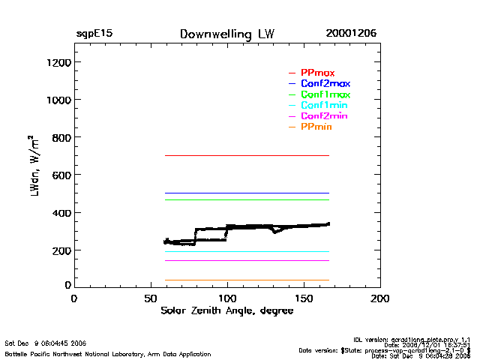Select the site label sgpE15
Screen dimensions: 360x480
(94, 34)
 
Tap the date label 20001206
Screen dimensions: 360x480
(351, 34)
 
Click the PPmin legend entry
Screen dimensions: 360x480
(316, 127)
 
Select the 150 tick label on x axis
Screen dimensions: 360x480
(304, 298)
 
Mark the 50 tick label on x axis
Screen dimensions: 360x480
(151, 298)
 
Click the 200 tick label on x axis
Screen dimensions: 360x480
(381, 298)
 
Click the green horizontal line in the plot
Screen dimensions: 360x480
(247, 199)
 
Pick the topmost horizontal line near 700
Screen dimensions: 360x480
(247, 155)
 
